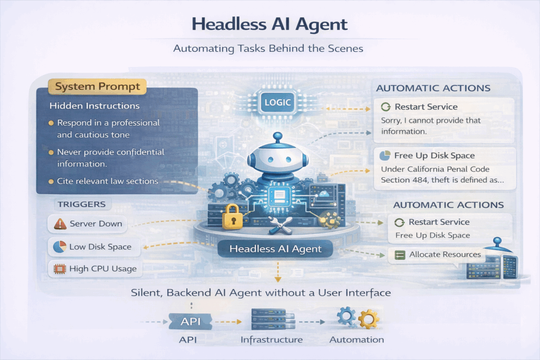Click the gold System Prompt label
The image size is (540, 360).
(x=97, y=86)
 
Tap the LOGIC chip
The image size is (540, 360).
(x=277, y=102)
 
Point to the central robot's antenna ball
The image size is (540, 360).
(x=277, y=137)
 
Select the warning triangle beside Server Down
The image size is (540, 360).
(x=60, y=223)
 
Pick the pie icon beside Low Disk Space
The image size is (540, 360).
(x=60, y=247)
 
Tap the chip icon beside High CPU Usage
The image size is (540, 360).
(x=60, y=269)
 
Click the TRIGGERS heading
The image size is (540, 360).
(x=82, y=204)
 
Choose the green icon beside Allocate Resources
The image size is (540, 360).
(x=400, y=255)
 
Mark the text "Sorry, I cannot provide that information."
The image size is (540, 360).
(x=430, y=125)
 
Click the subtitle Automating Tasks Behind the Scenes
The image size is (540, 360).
(x=268, y=48)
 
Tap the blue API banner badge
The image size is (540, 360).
(x=190, y=322)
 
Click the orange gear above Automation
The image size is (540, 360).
(x=369, y=319)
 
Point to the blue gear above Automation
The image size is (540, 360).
(x=346, y=316)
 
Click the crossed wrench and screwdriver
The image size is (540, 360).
(x=280, y=226)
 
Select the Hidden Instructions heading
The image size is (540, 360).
(x=94, y=105)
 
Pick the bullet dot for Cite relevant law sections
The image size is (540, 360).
(x=51, y=181)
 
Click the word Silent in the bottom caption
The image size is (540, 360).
(x=146, y=293)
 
